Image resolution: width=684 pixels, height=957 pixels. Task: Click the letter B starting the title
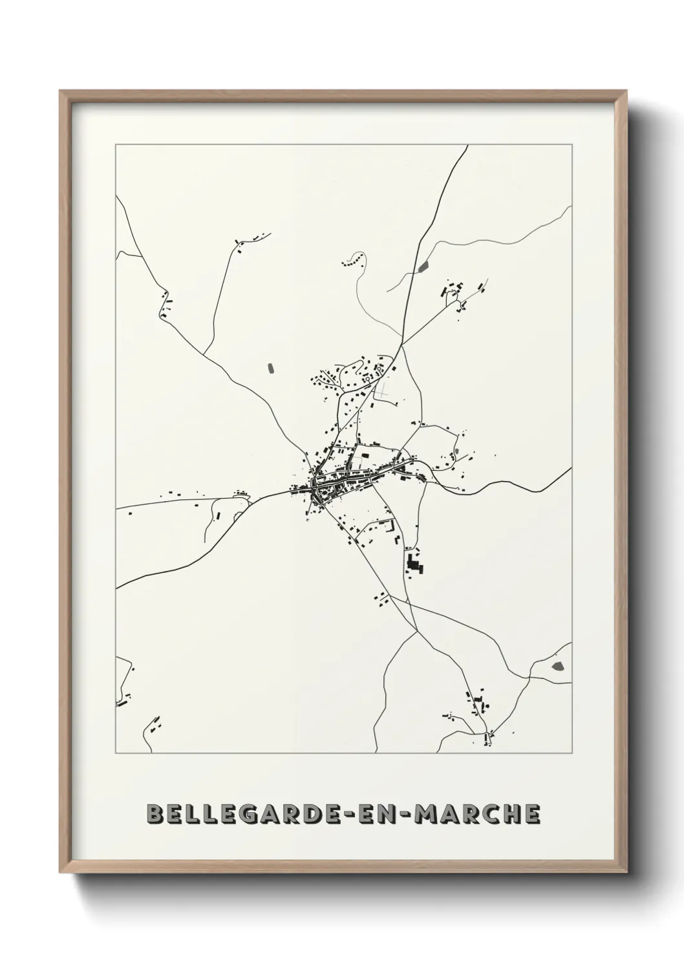[155, 813]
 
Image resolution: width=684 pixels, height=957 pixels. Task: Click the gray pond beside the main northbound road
[423, 266]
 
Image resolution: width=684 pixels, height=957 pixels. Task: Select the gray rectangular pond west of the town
[270, 369]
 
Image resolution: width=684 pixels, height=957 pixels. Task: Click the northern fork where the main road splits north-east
[402, 345]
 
